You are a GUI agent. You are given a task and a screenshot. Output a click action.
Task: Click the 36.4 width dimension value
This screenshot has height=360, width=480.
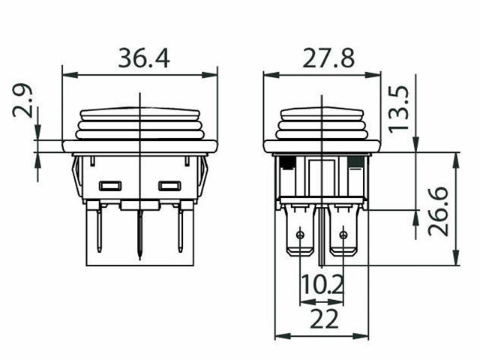[x=143, y=58]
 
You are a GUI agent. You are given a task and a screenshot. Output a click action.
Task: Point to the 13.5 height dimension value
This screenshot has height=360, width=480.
[x=400, y=109]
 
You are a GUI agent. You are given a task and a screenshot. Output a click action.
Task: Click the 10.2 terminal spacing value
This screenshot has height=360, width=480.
[x=322, y=286]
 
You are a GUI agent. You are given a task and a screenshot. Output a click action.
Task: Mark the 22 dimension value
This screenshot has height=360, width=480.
[x=324, y=319]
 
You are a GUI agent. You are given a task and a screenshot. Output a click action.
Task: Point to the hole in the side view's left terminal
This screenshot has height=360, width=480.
[x=301, y=235]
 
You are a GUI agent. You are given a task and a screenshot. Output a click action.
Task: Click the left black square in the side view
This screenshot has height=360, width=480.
[x=286, y=160]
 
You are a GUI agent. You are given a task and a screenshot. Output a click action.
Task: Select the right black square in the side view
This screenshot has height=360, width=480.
[x=355, y=160]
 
